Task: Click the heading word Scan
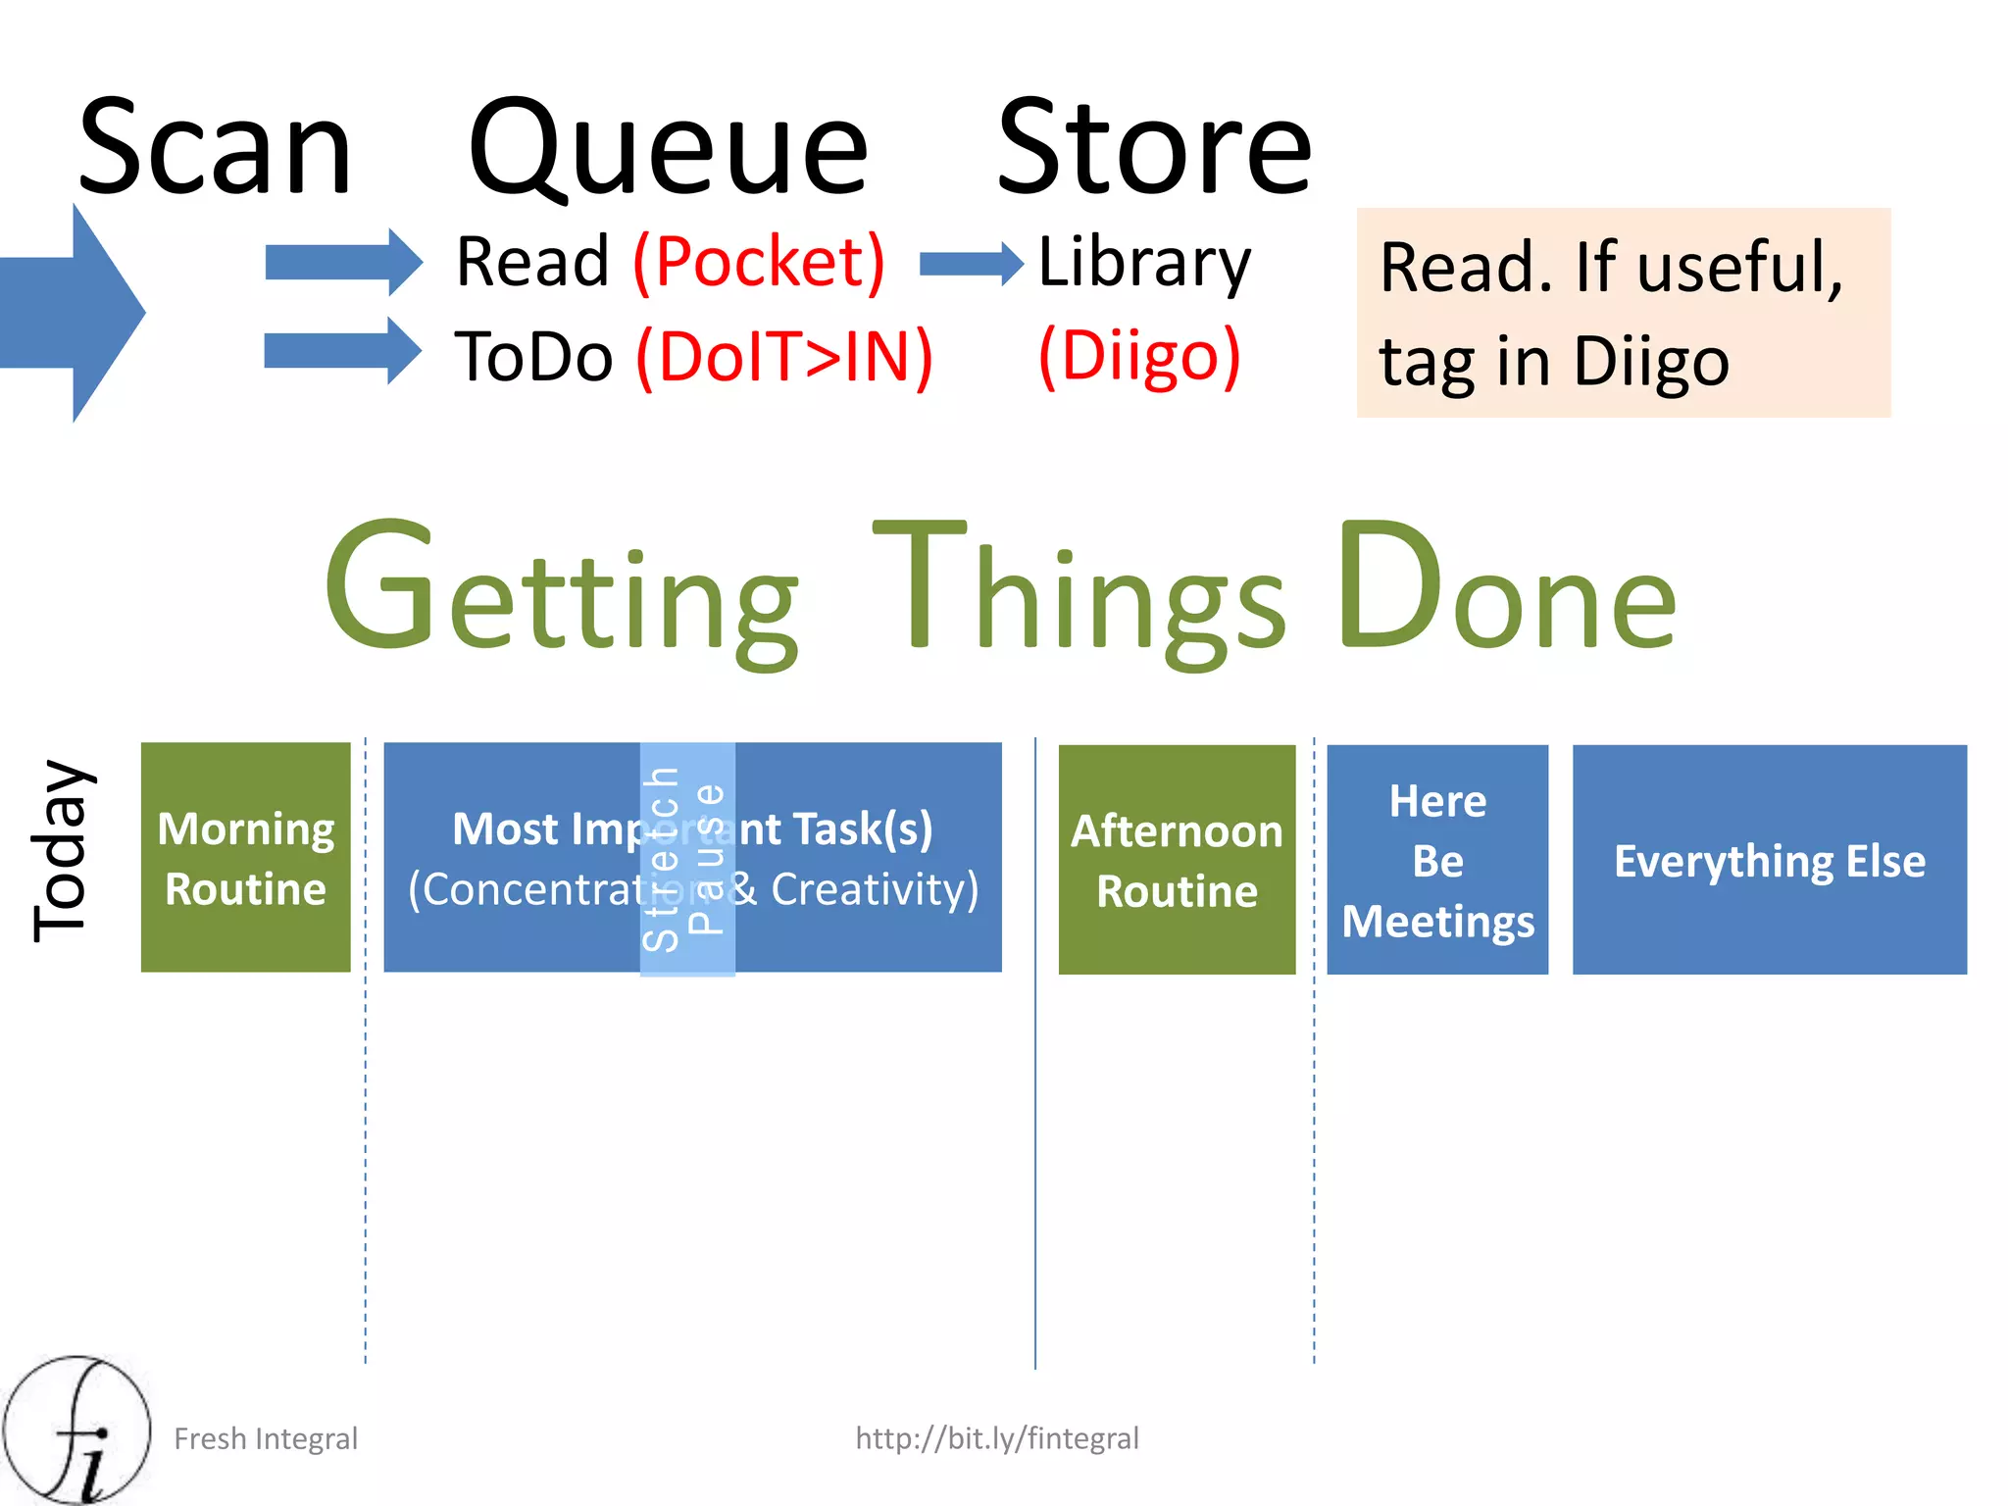(215, 149)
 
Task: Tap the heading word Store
(1154, 149)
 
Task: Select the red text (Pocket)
(760, 262)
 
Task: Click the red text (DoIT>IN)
(784, 357)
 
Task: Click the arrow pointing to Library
(971, 264)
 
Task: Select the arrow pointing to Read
(343, 263)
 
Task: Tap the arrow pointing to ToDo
(343, 351)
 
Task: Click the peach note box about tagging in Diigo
(1623, 313)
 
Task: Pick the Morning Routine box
(245, 858)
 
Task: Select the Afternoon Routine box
(1177, 860)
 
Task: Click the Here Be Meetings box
(1437, 860)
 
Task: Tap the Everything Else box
(1770, 860)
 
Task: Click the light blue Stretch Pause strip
(687, 859)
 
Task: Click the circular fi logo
(76, 1430)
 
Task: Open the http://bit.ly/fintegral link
(997, 1438)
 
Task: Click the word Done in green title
(1507, 588)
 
